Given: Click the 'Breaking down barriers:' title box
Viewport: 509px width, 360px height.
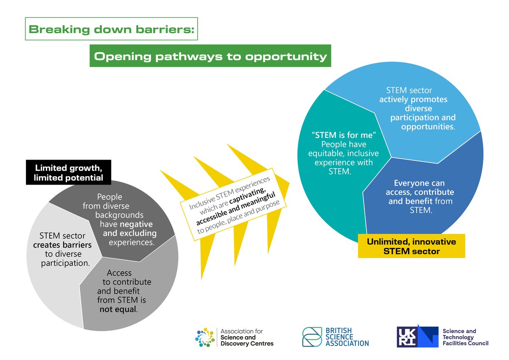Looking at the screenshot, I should click(112, 29).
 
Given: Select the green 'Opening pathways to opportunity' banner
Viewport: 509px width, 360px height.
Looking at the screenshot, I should click(210, 56).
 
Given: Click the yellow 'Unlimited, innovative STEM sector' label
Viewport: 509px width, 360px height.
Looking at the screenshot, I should click(411, 247).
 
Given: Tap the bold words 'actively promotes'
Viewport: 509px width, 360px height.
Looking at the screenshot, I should click(413, 100).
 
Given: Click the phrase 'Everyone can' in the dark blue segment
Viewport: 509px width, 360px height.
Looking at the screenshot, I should click(419, 183).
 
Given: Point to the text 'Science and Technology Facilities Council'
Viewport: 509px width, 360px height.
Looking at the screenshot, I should click(465, 337).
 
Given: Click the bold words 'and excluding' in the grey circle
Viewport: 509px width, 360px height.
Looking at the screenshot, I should click(129, 233).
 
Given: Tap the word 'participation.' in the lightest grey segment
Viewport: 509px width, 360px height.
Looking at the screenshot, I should click(65, 263).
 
